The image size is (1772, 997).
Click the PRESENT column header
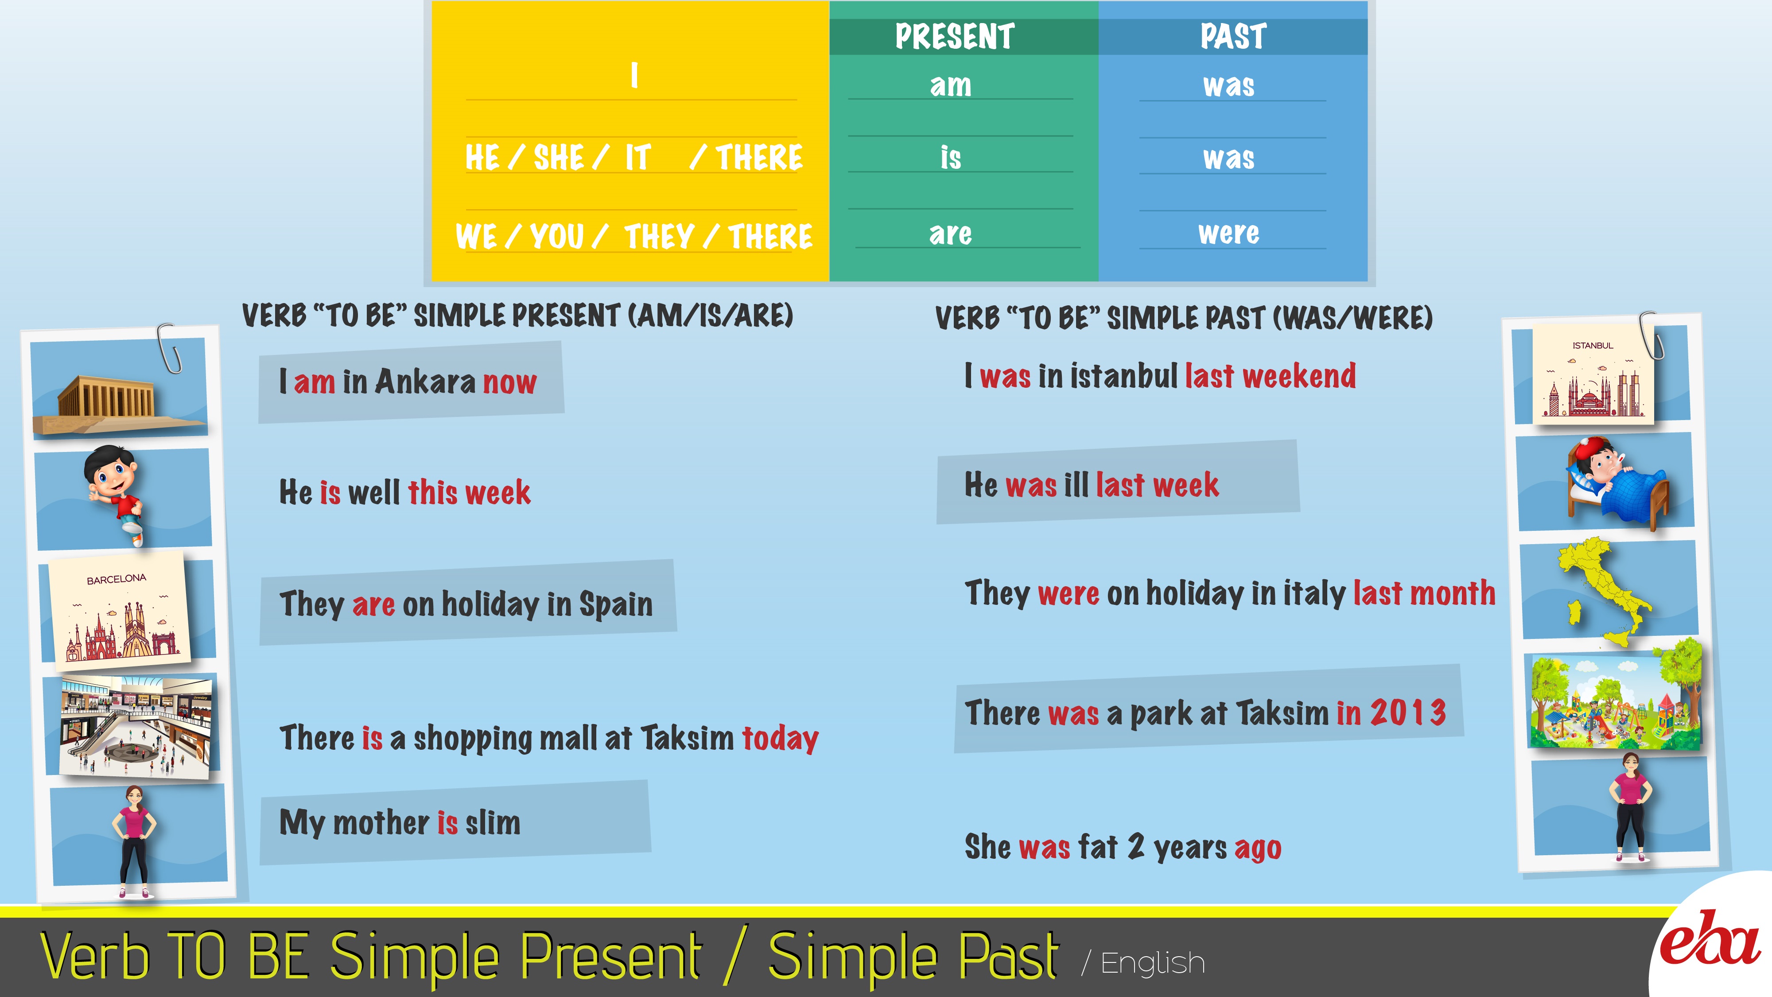click(x=954, y=36)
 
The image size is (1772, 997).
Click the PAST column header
click(x=1233, y=36)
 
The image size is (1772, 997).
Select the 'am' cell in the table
click(x=951, y=86)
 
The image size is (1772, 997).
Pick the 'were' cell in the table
click(x=1228, y=233)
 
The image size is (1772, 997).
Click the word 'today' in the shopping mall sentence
click(x=781, y=738)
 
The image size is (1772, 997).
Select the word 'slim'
click(x=493, y=822)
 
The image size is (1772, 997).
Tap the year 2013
click(x=1408, y=712)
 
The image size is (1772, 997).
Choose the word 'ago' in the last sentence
click(x=1258, y=848)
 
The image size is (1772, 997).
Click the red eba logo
click(x=1710, y=938)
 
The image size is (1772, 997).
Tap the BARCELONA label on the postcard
click(x=116, y=579)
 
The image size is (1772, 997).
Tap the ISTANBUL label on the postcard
click(x=1593, y=346)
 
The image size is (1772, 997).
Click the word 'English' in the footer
click(x=1153, y=963)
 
